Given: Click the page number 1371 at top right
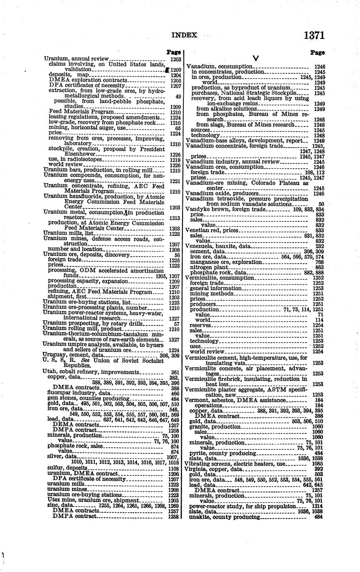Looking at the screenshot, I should click(314, 35).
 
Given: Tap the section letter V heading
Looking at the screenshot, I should click(255, 58).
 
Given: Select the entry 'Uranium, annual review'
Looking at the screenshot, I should click(76, 59).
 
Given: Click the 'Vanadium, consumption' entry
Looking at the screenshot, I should click(219, 66).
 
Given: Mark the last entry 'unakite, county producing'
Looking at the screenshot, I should click(224, 517).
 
